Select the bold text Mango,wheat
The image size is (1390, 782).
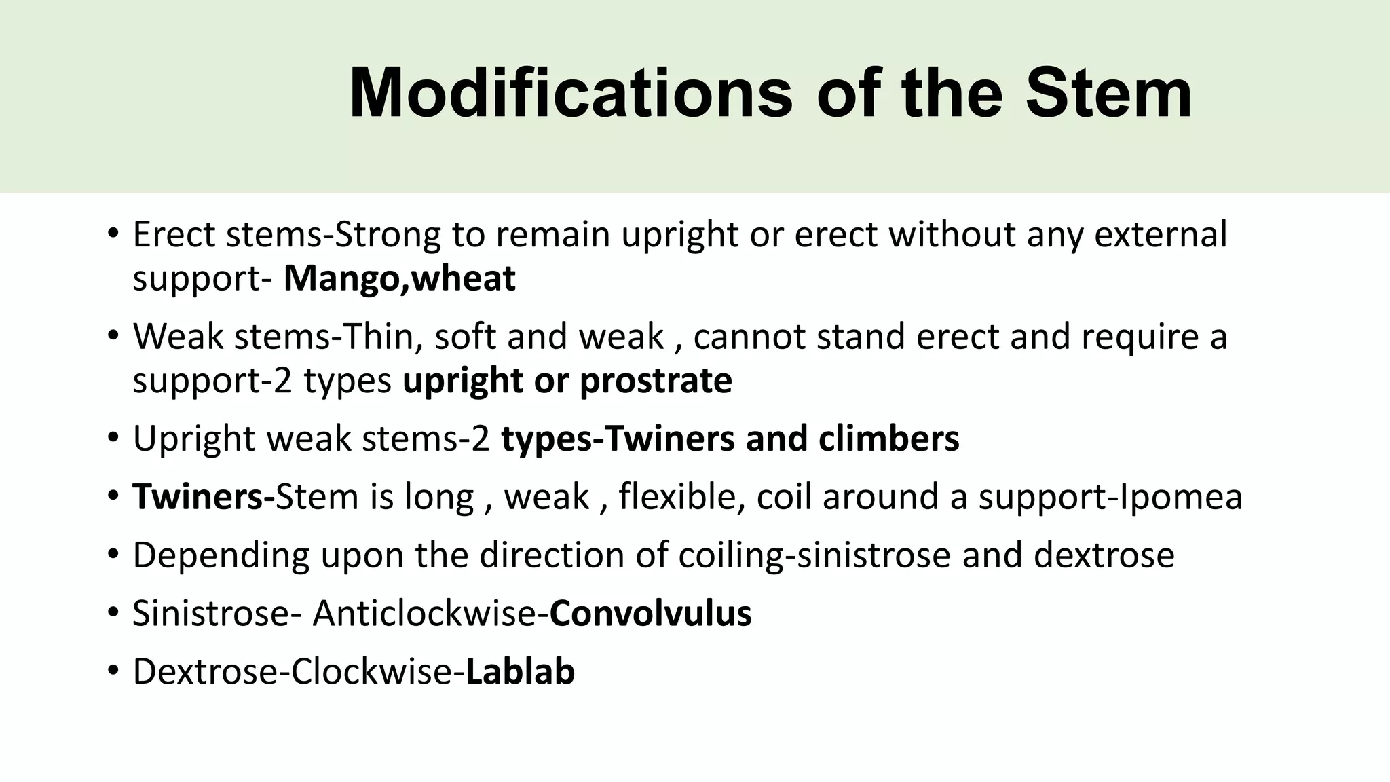tap(399, 278)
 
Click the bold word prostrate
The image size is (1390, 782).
tap(656, 380)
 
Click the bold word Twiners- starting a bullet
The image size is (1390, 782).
tap(203, 497)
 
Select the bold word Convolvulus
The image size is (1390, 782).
tap(650, 614)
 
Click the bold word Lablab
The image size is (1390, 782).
tap(520, 672)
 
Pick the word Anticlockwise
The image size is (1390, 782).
tap(424, 614)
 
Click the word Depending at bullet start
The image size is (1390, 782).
tap(221, 555)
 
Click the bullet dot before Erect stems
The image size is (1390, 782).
tap(113, 235)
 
